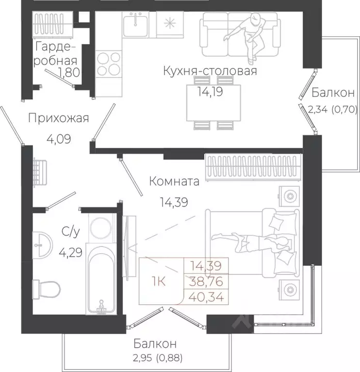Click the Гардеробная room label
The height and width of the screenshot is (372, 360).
coord(56,54)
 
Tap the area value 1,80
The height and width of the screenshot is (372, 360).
coord(68,73)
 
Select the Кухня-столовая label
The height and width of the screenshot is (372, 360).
coord(209,72)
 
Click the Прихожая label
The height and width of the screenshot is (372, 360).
coord(58,118)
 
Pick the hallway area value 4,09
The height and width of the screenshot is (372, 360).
coord(58,139)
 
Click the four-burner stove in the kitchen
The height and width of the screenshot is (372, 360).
coord(109,64)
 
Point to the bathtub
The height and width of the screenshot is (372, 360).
coord(102,281)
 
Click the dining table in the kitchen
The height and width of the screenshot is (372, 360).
coord(213,103)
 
